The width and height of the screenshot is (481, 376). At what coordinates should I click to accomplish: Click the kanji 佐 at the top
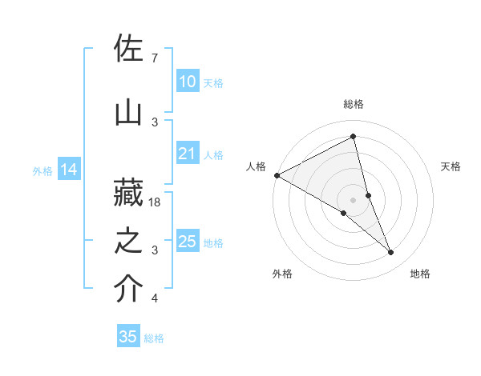point(129,50)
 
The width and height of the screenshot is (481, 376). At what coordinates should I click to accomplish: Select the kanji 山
point(129,114)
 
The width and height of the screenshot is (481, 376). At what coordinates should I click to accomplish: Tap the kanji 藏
point(129,193)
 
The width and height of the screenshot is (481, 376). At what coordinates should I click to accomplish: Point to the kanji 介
point(129,290)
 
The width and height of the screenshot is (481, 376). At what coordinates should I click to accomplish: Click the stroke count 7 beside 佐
point(154,58)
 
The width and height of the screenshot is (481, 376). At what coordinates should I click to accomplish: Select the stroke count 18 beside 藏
point(156,202)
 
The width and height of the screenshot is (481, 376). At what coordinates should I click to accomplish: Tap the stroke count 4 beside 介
point(154,299)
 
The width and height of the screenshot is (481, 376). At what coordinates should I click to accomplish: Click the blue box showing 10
point(187,82)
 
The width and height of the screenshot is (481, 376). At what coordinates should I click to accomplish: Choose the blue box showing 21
point(187,154)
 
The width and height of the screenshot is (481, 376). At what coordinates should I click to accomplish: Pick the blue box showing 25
point(187,242)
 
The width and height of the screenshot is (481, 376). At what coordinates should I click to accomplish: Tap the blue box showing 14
point(69,170)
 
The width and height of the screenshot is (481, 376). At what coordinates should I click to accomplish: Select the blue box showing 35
point(128,337)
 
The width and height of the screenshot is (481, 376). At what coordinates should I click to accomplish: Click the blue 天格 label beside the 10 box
point(213,82)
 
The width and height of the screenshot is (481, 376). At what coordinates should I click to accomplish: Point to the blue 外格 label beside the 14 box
point(42,170)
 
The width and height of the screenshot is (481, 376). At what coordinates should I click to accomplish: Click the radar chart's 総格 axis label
point(354,104)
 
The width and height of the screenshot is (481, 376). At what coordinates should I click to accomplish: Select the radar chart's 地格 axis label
point(420,274)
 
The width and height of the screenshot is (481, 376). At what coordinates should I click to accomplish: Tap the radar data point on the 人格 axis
point(277,174)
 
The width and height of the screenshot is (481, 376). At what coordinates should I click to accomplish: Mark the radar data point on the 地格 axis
point(391,253)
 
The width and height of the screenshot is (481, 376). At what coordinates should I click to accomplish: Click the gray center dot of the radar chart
point(354,199)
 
